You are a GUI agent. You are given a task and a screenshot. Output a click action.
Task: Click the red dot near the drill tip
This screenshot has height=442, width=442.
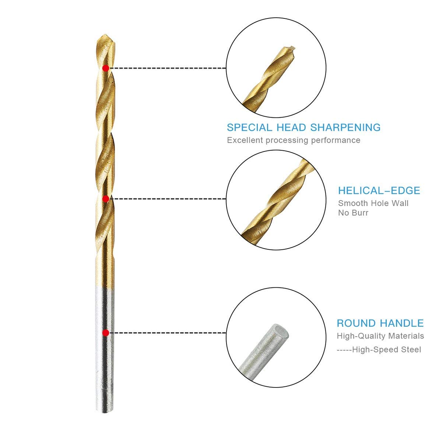(x=105, y=68)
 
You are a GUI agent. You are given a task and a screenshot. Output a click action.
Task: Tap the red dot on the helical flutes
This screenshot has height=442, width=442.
(x=105, y=199)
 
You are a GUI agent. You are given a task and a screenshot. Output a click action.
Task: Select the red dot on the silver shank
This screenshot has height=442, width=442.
(x=105, y=333)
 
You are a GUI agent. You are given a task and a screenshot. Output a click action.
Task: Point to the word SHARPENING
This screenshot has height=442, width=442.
(x=345, y=127)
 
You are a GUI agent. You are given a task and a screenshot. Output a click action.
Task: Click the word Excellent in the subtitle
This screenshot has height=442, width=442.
(x=245, y=140)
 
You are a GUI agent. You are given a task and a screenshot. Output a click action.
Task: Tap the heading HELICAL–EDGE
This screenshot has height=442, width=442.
(x=379, y=190)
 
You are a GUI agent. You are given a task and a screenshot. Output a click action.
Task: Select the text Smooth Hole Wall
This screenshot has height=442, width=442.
(x=373, y=203)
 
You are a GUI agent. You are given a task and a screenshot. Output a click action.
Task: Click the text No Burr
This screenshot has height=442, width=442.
(x=353, y=213)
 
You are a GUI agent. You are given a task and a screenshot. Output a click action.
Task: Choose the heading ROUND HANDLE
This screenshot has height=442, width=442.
(x=380, y=323)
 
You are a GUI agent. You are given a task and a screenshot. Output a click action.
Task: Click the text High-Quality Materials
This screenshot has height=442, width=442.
(x=380, y=336)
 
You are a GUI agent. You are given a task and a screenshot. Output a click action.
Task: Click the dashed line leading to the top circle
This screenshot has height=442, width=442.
(x=168, y=68)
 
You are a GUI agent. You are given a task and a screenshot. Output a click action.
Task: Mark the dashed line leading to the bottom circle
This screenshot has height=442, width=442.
(x=168, y=333)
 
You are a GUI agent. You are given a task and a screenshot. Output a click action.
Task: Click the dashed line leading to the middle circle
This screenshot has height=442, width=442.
(x=168, y=199)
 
